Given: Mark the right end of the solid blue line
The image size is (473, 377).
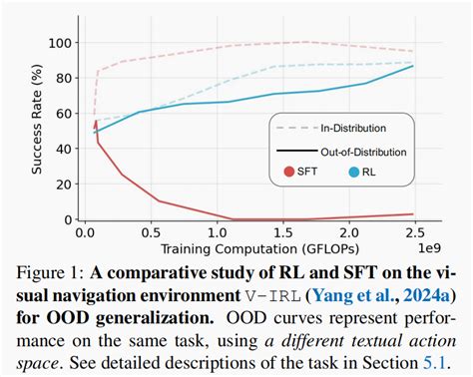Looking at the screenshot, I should [x=413, y=67].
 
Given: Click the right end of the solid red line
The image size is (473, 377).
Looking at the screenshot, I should [x=413, y=213].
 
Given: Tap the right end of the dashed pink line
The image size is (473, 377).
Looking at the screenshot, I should [x=413, y=51].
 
